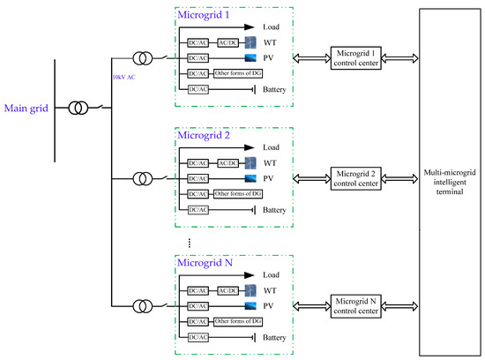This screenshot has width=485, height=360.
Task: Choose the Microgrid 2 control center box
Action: [354, 176]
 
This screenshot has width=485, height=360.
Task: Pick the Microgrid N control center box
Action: [354, 305]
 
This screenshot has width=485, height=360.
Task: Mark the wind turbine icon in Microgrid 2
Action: [250, 163]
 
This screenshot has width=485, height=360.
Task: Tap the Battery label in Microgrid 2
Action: [275, 209]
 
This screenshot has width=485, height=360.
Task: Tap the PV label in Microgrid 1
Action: [270, 56]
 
